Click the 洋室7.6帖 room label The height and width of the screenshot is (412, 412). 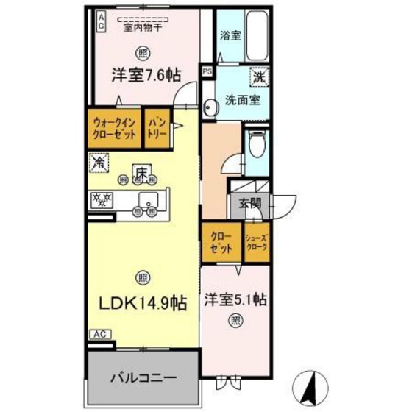click(x=145, y=74)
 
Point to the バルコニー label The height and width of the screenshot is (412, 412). click(x=143, y=377)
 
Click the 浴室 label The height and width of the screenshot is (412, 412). click(x=230, y=35)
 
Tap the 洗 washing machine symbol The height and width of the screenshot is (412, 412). click(x=260, y=75)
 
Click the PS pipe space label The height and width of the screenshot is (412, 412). click(x=207, y=72)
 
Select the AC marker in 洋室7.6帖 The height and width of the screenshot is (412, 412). click(x=101, y=20)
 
